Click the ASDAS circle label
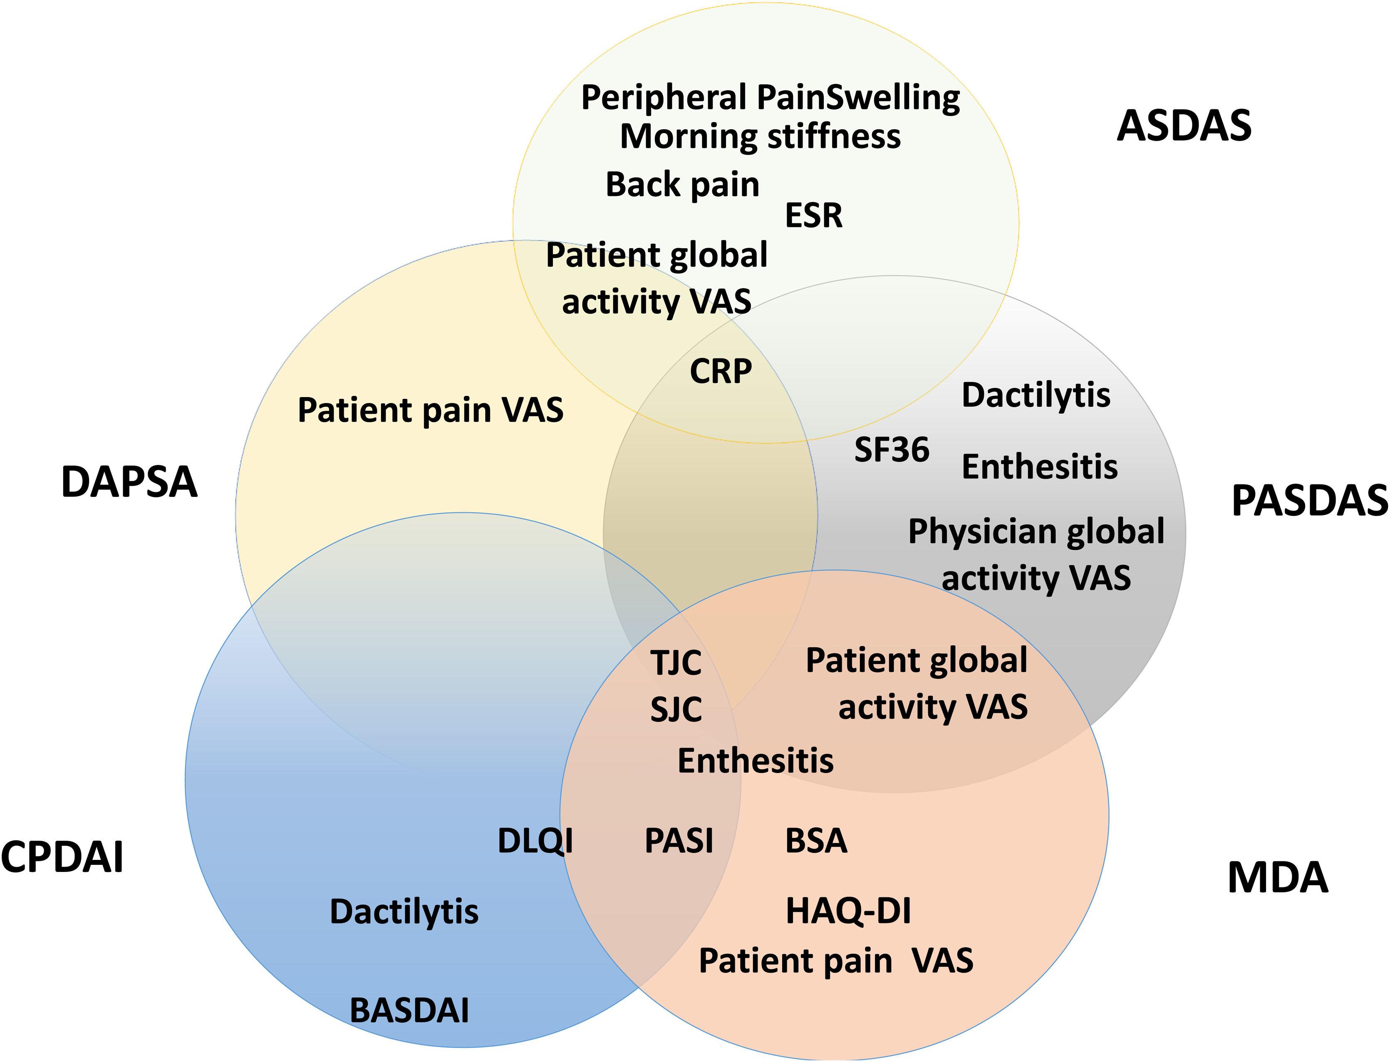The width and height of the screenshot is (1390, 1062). [x=1184, y=126]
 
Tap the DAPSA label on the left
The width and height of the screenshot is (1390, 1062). [x=129, y=482]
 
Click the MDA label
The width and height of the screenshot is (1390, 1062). [x=1277, y=878]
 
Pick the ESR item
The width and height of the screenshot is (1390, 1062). [x=813, y=215]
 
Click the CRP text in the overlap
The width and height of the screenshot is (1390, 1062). [x=720, y=371]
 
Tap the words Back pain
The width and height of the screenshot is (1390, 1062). [x=682, y=185]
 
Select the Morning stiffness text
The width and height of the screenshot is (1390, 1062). [x=760, y=136]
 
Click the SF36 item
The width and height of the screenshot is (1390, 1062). [x=892, y=449]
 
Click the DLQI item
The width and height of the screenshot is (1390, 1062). [x=535, y=841]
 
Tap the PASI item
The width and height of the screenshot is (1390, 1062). [x=679, y=841]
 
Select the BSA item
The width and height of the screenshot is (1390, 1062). [x=816, y=841]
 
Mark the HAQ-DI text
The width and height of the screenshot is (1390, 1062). [x=848, y=911]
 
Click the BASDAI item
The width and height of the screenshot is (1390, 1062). [x=409, y=1010]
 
